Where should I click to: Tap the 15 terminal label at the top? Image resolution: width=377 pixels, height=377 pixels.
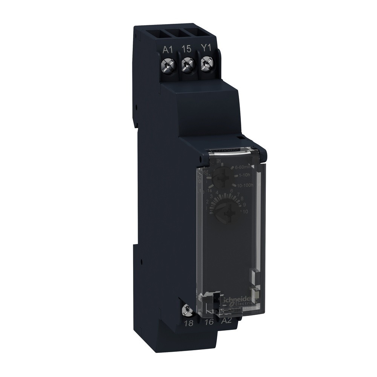(185, 49)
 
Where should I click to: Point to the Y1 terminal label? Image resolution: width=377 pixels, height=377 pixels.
(205, 49)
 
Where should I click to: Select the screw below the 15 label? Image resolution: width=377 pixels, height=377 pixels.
(186, 65)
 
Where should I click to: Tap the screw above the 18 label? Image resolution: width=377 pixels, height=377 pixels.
(185, 310)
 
